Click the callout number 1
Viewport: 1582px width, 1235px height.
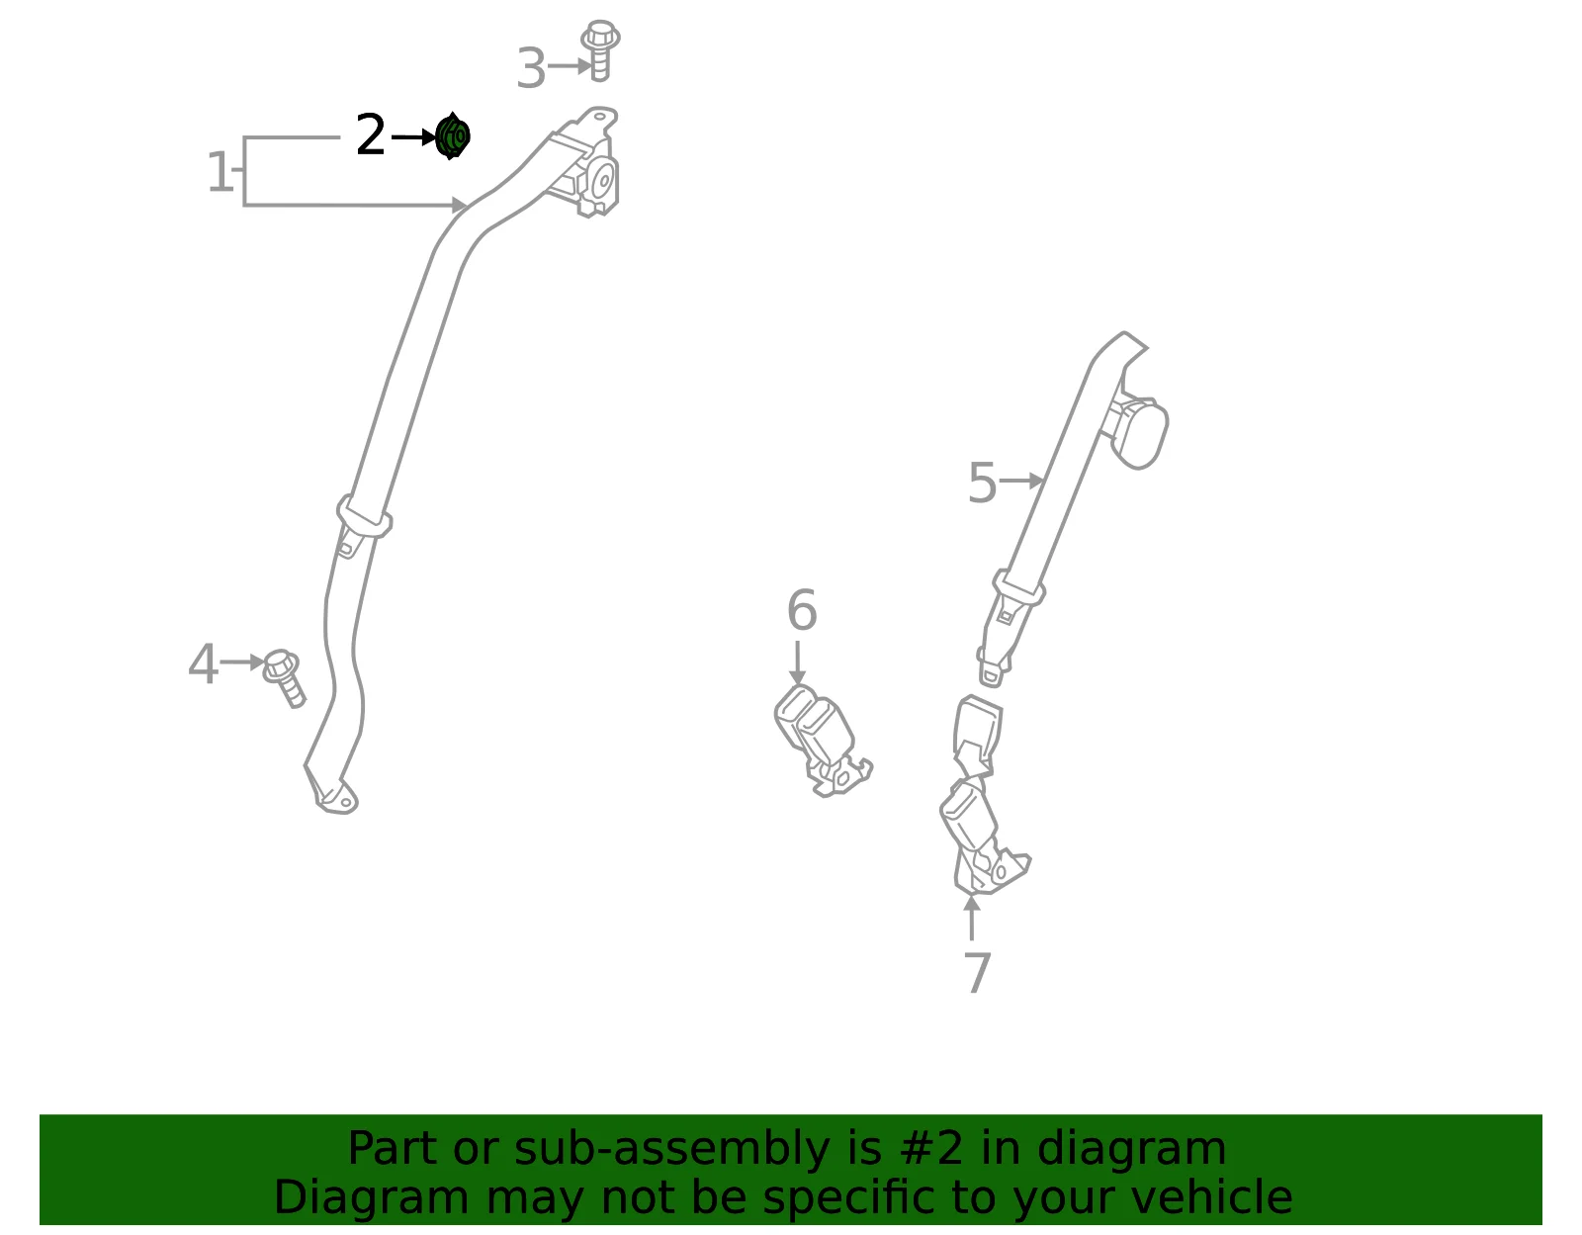220,172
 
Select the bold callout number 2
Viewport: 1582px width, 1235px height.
371,134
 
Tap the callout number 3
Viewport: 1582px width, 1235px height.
531,68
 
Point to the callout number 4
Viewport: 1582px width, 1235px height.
203,663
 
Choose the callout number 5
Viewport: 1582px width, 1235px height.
982,483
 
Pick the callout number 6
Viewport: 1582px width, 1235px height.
802,609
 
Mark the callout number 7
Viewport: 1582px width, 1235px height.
976,972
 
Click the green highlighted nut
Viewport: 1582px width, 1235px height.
452,136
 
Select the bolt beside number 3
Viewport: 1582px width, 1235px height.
600,50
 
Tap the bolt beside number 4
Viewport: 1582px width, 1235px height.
284,677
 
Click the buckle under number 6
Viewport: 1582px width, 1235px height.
822,741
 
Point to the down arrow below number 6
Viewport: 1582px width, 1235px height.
797,662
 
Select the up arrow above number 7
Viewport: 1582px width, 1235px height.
971,918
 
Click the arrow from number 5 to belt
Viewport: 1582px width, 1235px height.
1022,481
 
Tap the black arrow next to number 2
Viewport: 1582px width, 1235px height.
413,136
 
